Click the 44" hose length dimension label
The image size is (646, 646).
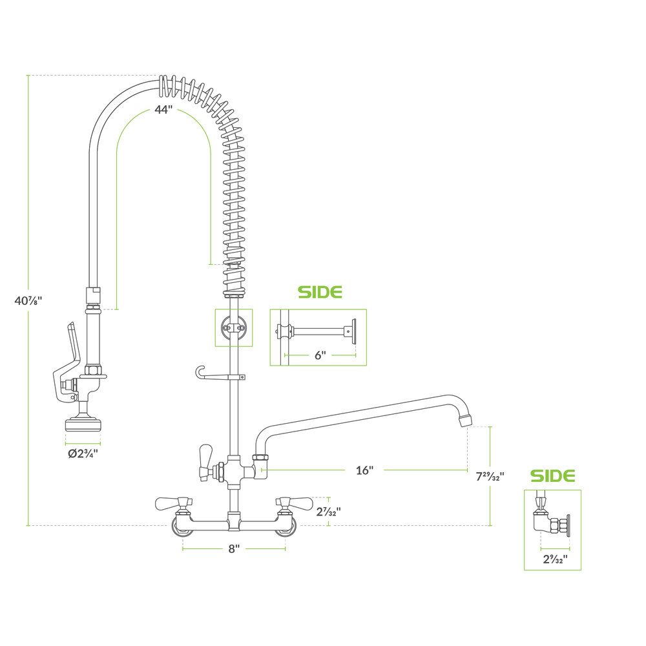(x=164, y=110)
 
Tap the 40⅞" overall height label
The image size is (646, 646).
(x=28, y=300)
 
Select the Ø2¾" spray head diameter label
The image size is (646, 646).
(x=83, y=453)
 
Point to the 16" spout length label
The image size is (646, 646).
(x=364, y=470)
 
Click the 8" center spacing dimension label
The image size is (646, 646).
(x=234, y=548)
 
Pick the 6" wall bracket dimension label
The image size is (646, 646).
(x=320, y=354)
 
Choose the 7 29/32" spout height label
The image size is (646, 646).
(x=490, y=477)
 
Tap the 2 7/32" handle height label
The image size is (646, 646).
(x=329, y=511)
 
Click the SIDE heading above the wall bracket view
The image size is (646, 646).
(x=319, y=292)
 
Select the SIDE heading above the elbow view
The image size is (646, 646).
(x=552, y=476)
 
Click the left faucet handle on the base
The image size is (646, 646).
(x=172, y=501)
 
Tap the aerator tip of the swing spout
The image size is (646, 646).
(x=464, y=421)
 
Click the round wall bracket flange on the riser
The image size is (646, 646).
(x=233, y=328)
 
